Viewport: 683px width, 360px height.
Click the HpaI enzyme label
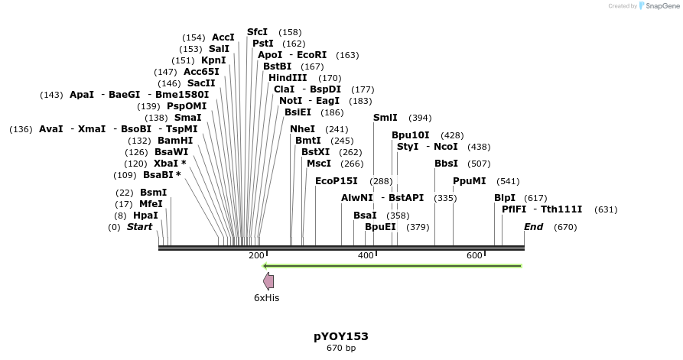(145, 216)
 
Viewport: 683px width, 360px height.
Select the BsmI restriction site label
(153, 193)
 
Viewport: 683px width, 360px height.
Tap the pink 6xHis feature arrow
(268, 281)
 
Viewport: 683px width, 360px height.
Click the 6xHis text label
(267, 298)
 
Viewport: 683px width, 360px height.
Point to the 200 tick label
(256, 255)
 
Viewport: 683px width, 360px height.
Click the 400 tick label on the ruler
(366, 255)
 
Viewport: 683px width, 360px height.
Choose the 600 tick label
(474, 255)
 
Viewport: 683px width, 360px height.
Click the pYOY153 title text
(341, 336)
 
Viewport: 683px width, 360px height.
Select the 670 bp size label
(341, 349)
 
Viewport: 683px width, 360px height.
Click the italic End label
(533, 227)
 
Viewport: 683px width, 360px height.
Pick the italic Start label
(139, 227)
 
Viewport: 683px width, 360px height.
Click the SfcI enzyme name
(258, 32)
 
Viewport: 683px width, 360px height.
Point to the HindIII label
(288, 78)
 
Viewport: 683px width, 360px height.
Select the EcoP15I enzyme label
(336, 181)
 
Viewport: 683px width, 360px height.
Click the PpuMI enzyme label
(469, 181)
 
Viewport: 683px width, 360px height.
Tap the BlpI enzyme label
(505, 198)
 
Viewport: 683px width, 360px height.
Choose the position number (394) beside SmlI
(420, 118)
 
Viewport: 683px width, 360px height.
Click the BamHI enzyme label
(175, 141)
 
